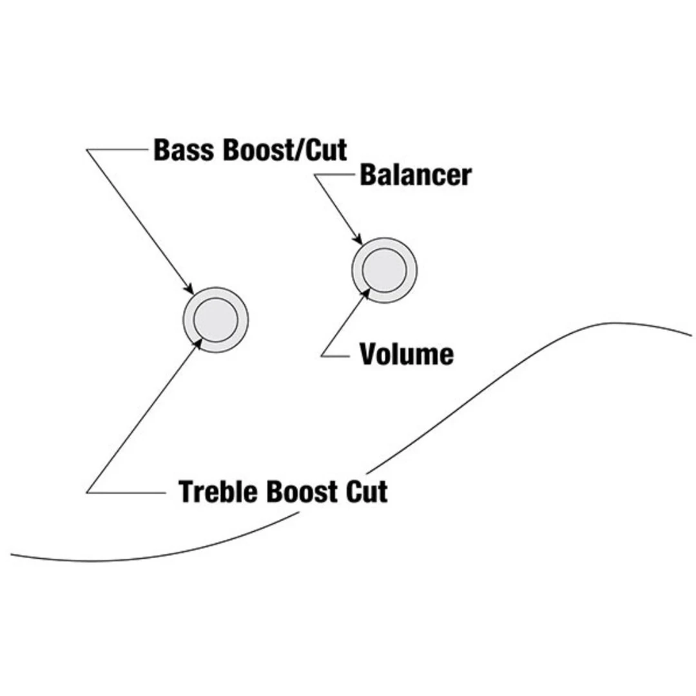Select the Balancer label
415,175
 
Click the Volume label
407,354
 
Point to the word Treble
218,492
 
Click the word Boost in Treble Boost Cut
302,492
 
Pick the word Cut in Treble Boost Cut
367,492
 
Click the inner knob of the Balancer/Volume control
384,269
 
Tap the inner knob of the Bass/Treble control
215,320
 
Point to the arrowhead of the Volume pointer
367,293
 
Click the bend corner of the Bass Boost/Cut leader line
87,150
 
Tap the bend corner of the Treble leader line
87,492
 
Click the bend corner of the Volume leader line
322,355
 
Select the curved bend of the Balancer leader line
317,175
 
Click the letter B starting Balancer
368,175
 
